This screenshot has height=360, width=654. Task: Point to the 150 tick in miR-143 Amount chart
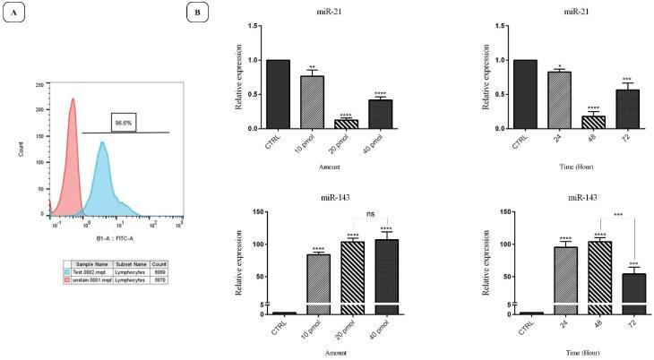pos(257,212)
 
